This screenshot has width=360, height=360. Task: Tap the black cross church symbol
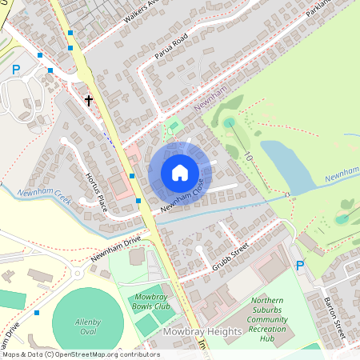point(88,100)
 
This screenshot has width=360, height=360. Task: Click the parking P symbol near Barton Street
point(300,265)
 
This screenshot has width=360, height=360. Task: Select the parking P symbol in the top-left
point(15,70)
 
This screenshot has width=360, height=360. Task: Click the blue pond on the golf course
point(284,164)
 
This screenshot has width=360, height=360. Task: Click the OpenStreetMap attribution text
point(80,354)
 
